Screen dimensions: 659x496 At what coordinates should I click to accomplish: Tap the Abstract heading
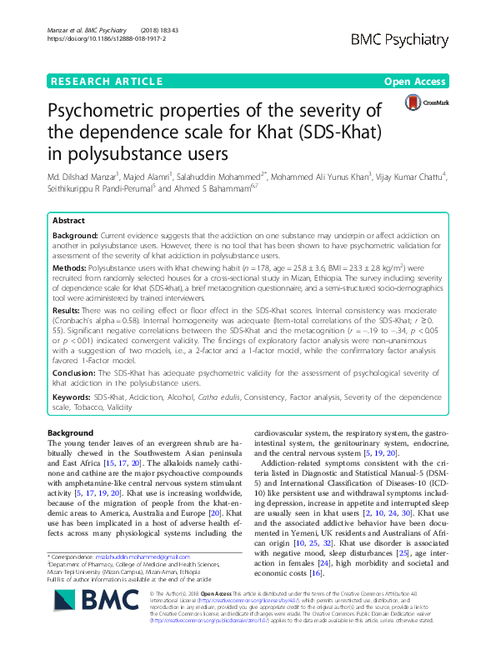(68, 221)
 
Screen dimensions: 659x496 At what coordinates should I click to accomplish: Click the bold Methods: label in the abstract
(69, 270)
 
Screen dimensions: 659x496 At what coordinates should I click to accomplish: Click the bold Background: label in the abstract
(75, 236)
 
